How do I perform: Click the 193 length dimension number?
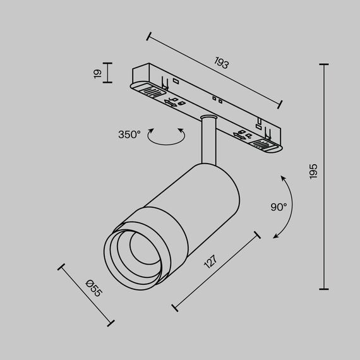(221, 64)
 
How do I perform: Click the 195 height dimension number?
(314, 172)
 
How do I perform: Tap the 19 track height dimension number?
(97, 73)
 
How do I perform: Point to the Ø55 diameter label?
(93, 287)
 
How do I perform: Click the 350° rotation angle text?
(129, 134)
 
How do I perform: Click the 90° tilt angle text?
(279, 206)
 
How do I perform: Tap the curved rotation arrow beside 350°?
(166, 137)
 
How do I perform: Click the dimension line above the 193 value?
(215, 69)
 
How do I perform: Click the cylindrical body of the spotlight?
(202, 196)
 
